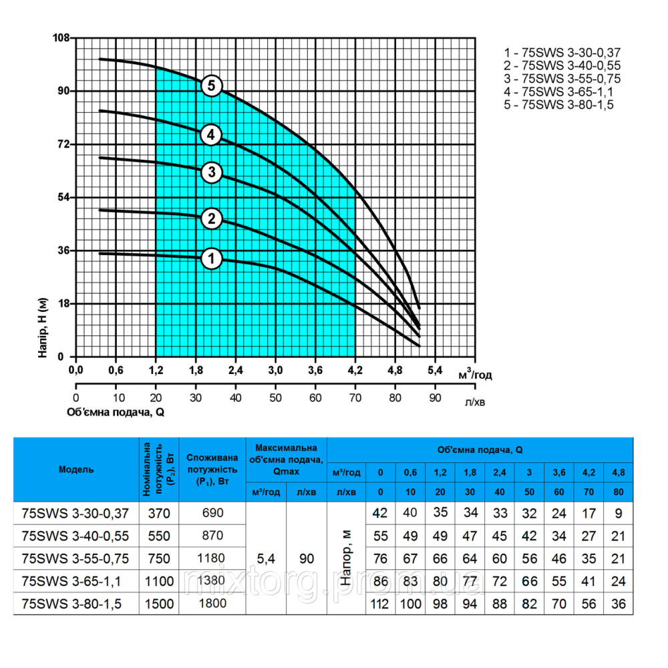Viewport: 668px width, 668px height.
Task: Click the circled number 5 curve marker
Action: (x=212, y=86)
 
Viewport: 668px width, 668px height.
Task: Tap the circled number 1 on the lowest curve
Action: (x=212, y=259)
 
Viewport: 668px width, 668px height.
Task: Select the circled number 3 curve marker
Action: (x=212, y=173)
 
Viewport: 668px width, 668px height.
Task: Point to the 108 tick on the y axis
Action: (x=62, y=37)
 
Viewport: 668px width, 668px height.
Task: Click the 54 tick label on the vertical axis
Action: (x=63, y=197)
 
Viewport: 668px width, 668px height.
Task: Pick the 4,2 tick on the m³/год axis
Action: (x=355, y=370)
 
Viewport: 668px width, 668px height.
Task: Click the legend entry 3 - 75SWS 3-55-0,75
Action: (x=558, y=79)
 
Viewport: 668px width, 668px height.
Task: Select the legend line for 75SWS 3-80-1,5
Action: (x=557, y=105)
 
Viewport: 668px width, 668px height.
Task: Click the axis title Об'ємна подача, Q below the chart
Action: (x=116, y=412)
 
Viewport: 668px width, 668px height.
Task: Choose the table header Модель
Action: (x=76, y=469)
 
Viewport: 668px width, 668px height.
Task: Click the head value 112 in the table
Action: (x=380, y=604)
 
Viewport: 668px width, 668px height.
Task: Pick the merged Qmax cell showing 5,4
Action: (x=266, y=558)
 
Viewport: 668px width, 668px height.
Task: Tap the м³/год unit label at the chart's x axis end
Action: (x=475, y=374)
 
